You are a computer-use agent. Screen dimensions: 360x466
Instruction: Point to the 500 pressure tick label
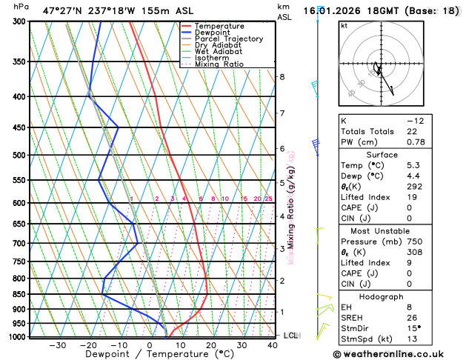[20, 156]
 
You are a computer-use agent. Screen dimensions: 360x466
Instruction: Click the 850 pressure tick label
[20, 294]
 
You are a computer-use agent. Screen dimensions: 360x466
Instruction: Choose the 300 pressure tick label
[20, 21]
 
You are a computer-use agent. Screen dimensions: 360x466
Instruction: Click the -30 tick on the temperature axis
[57, 344]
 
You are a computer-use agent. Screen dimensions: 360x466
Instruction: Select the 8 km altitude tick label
[282, 77]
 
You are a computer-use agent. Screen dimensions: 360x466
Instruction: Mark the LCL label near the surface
[290, 336]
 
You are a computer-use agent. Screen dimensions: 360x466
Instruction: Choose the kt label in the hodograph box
[344, 26]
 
